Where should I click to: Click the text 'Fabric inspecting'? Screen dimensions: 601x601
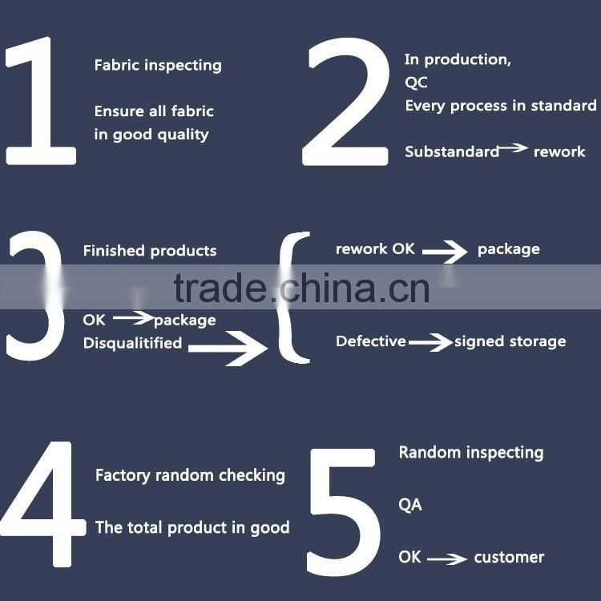click(158, 66)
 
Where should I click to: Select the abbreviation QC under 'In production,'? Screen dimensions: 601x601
click(417, 83)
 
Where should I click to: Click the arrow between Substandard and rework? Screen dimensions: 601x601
click(514, 149)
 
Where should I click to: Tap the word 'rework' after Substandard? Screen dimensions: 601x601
click(559, 151)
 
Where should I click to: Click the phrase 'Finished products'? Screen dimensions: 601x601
click(150, 251)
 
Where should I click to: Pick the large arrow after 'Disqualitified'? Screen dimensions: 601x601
click(228, 348)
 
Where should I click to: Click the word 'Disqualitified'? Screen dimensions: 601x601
click(132, 343)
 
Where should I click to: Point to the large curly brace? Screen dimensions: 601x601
click(293, 296)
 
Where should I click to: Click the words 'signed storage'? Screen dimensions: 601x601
click(510, 341)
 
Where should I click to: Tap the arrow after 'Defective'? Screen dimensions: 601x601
click(430, 343)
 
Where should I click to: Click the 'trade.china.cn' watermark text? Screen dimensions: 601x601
click(301, 288)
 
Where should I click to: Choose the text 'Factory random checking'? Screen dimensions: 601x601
click(190, 475)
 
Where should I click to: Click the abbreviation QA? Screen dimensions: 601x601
click(410, 505)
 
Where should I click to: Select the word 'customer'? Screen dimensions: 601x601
click(509, 557)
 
